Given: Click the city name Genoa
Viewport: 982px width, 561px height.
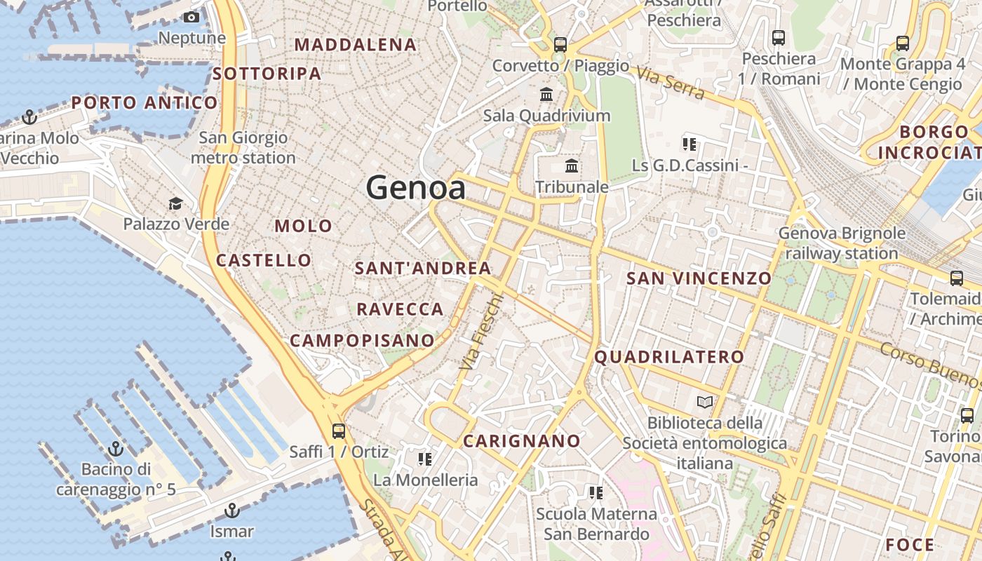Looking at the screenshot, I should click(x=415, y=188).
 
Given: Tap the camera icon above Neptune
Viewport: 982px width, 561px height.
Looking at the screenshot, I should click(x=191, y=18).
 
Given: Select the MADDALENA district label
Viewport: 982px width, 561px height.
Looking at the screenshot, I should click(x=356, y=45).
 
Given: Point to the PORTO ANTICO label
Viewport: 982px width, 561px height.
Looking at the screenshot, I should click(x=144, y=103).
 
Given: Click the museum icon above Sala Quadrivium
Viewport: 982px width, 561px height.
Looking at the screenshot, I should click(x=546, y=94).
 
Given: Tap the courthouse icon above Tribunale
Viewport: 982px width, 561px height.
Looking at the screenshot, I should click(x=572, y=166).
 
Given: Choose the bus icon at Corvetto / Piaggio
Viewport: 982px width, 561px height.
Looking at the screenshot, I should click(x=560, y=45).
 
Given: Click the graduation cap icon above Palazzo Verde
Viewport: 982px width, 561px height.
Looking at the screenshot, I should click(x=175, y=203).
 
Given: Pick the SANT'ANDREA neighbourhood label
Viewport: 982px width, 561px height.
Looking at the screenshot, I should click(x=423, y=268).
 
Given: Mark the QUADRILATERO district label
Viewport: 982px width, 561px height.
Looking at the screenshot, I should click(x=669, y=356).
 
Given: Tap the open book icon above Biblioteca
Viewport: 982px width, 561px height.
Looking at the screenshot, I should click(x=704, y=402).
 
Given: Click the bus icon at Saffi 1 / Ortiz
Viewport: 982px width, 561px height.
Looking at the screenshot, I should click(x=339, y=431).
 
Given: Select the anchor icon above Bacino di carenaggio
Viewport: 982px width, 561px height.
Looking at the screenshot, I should click(x=116, y=448).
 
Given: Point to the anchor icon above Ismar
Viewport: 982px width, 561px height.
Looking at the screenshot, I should click(x=231, y=511).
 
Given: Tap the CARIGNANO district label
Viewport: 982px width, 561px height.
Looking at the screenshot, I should click(x=522, y=441).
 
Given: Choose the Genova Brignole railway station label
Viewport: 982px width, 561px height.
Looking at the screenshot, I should click(x=842, y=243).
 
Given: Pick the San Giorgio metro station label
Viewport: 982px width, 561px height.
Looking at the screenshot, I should click(x=243, y=147).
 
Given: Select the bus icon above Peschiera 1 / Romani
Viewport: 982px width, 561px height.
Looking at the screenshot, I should click(x=779, y=38).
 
